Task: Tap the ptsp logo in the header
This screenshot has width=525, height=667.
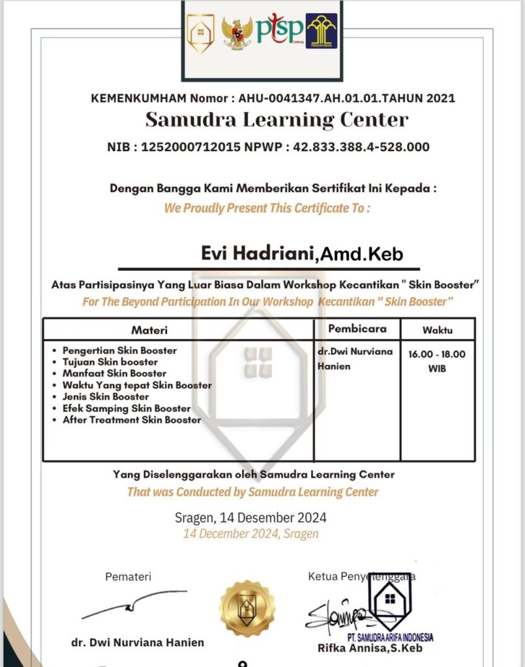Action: (280, 29)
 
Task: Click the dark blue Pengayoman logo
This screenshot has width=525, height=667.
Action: (322, 31)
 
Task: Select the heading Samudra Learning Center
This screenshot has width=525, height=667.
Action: (277, 120)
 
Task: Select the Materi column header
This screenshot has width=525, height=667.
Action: (149, 330)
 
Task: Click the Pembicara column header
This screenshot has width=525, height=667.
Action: (357, 329)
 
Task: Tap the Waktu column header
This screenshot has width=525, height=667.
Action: (437, 330)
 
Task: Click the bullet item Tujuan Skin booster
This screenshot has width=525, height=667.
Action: (110, 362)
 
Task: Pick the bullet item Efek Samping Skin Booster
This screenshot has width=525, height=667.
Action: (127, 408)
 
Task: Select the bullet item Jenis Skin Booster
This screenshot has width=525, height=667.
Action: (106, 397)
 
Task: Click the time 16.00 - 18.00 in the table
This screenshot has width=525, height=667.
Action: (437, 354)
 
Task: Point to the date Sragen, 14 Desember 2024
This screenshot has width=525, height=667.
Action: (250, 518)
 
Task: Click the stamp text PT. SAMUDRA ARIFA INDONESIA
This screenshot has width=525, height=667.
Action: (390, 637)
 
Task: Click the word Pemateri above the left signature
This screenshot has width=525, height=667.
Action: (128, 576)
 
